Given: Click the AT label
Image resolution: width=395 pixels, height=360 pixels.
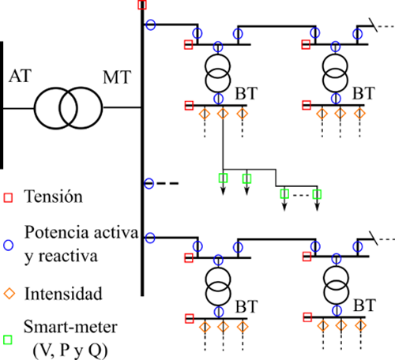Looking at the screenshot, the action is click(21, 76).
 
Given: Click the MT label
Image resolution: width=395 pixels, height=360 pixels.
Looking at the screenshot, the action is click(117, 77).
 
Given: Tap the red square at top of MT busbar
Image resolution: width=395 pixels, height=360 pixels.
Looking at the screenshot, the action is click(142, 5).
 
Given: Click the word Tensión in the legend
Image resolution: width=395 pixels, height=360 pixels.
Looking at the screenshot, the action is click(53, 197).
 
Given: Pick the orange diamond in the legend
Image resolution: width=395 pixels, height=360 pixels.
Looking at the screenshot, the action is click(9, 294).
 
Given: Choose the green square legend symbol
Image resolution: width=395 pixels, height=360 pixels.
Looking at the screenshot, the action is click(8, 339).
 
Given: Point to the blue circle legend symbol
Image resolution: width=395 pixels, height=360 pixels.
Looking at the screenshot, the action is click(8, 245).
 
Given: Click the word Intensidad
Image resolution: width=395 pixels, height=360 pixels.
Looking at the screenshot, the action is click(63, 294).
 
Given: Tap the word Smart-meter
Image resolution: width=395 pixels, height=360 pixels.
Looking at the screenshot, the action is click(70, 327).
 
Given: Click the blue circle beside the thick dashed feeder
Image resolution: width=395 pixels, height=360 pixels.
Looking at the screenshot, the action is click(149, 183).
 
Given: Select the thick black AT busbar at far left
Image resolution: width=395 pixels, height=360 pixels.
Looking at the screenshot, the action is click(2, 105).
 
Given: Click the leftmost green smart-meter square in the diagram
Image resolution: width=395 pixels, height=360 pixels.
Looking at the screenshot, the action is click(224, 178).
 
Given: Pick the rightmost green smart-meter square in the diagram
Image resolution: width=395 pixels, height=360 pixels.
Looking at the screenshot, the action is click(317, 194).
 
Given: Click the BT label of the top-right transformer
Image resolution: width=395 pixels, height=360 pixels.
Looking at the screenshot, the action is click(363, 93).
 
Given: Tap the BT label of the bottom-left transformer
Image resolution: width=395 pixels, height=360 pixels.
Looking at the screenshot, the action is click(246, 306).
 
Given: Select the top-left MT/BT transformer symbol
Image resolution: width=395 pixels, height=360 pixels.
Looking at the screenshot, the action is click(218, 73).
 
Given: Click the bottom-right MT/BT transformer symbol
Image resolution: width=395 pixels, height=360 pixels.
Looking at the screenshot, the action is click(337, 285).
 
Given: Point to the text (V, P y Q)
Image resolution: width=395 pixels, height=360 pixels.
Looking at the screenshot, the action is click(70, 350).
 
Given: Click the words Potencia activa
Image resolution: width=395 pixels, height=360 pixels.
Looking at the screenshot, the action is click(81, 233).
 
